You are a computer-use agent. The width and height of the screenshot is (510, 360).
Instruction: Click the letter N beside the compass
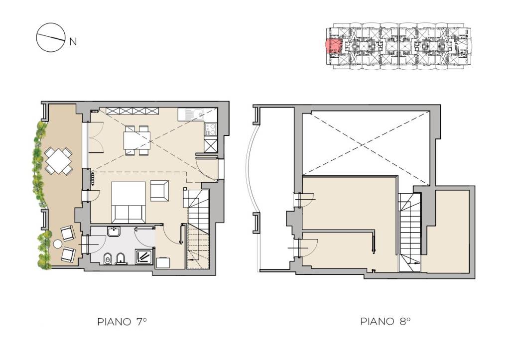73,42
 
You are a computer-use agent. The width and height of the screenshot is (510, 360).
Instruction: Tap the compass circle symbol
49,37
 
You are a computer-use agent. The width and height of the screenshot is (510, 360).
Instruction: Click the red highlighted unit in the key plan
333,46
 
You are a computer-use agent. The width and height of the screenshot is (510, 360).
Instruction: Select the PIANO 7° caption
122,322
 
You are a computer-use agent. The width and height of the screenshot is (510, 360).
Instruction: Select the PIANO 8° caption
385,321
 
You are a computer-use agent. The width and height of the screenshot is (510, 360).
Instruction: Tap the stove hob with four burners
211,128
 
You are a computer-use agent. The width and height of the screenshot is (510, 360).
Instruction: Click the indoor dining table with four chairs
137,140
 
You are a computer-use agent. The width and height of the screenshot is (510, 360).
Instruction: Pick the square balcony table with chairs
59,161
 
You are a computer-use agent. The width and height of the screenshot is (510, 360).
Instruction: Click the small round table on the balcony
58,244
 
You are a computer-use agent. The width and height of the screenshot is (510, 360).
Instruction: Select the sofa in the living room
128,201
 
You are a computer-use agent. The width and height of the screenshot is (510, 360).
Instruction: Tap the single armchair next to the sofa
159,191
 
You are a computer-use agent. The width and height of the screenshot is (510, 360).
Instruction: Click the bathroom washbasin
114,231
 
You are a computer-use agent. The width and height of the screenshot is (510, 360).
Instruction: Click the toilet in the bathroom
108,259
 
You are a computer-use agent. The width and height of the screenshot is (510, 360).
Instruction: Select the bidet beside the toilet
121,258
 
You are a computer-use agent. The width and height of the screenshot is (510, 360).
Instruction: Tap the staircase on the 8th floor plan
410,232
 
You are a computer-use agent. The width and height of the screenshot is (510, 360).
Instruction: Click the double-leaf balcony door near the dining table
96,137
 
